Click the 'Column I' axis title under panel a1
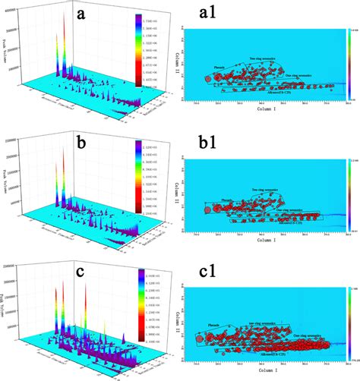tap(269, 109)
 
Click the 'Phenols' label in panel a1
tap(221, 68)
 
